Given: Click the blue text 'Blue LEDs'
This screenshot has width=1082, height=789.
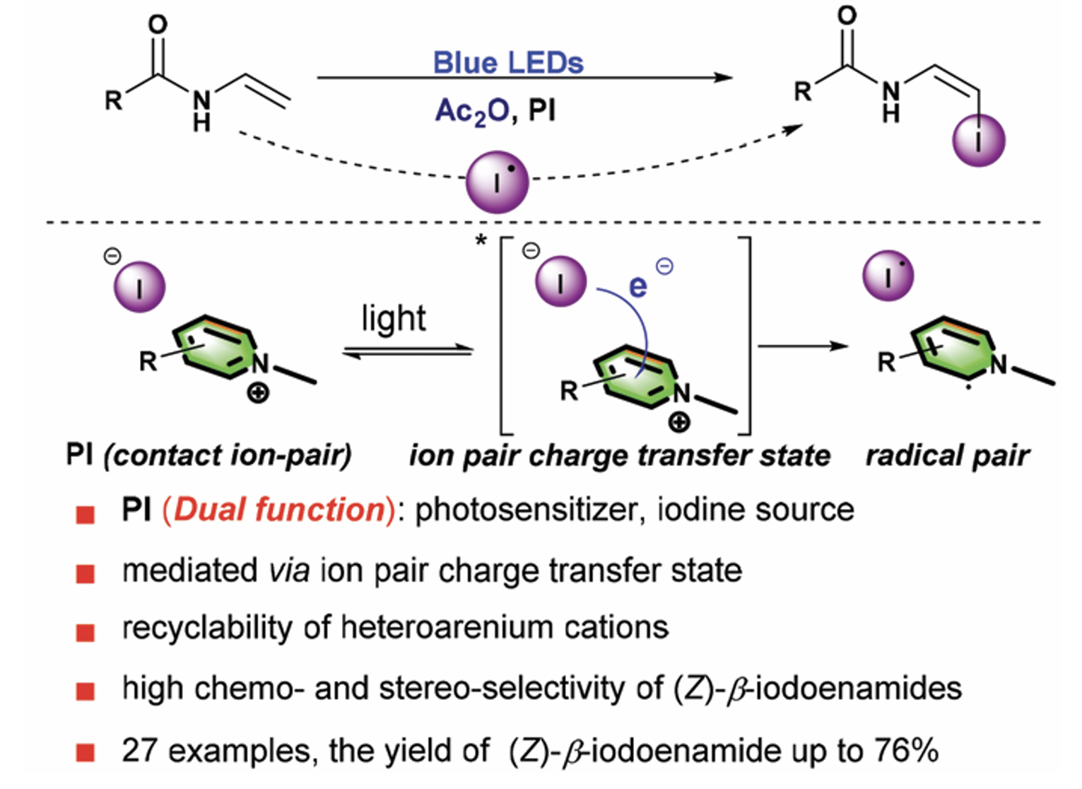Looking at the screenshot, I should click(x=508, y=62).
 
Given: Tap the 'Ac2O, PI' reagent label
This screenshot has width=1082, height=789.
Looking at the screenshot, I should click(x=495, y=112).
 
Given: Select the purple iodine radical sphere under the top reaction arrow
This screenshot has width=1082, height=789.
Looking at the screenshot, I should click(x=497, y=182).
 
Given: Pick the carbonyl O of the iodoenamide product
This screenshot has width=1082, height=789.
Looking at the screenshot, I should click(x=847, y=16).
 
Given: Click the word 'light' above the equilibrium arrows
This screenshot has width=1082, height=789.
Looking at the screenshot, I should click(x=394, y=319).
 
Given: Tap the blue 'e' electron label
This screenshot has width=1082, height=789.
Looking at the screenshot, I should click(x=637, y=285).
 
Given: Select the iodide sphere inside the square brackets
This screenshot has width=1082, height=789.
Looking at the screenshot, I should click(x=561, y=281).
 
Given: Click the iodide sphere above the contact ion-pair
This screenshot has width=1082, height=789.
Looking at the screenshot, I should click(x=140, y=286).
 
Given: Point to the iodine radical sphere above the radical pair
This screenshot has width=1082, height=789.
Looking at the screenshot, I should click(x=888, y=276).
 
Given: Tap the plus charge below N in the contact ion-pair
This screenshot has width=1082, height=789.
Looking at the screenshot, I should click(x=259, y=392).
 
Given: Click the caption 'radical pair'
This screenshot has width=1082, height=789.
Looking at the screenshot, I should click(x=947, y=456).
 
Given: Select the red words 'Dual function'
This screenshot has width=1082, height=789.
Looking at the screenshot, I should click(x=278, y=510).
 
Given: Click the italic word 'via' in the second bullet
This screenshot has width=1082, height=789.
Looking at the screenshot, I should click(x=289, y=570).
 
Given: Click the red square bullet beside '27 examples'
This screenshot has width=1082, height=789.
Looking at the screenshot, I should click(x=86, y=752).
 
